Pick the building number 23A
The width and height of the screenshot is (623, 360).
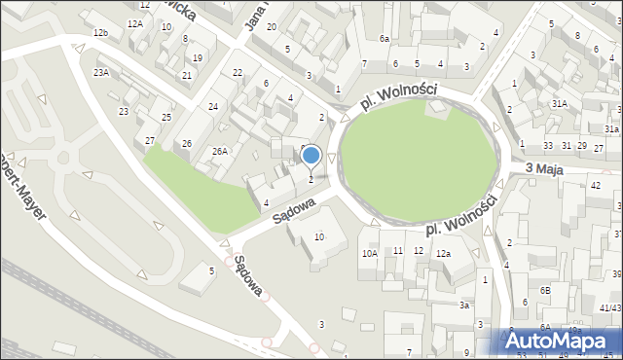(x=101, y=72)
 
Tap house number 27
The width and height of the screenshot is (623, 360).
(x=150, y=141)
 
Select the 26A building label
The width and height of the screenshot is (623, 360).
(x=220, y=151)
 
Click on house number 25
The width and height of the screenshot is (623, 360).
(x=166, y=118)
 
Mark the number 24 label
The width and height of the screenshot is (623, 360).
(x=212, y=106)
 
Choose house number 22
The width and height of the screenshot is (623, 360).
(x=238, y=73)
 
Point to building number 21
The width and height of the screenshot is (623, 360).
(x=187, y=75)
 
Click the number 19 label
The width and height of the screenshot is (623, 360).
(x=198, y=58)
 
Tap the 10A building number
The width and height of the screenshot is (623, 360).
(x=370, y=253)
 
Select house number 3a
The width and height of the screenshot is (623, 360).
(x=465, y=306)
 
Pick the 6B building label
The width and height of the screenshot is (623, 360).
(x=546, y=290)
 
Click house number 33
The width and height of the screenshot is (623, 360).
(x=549, y=146)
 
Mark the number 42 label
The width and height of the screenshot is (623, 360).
(x=596, y=185)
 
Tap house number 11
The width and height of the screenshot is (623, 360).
(x=398, y=251)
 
